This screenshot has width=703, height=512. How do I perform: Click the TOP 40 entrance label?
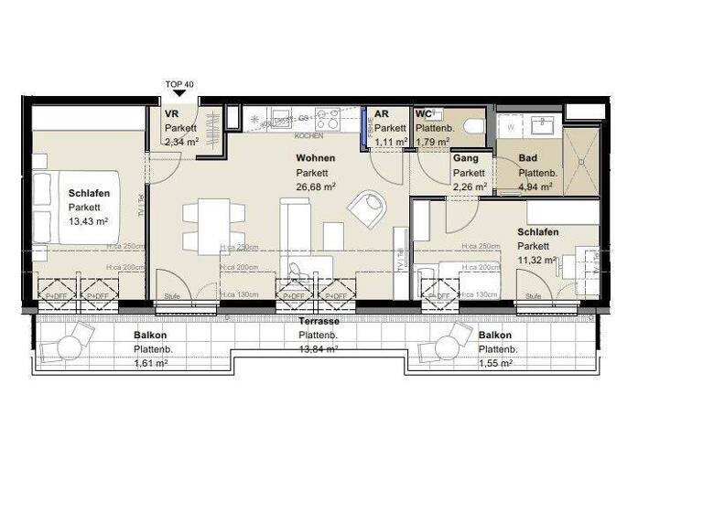coord(179,84)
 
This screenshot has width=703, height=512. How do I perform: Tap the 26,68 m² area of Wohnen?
coord(315,186)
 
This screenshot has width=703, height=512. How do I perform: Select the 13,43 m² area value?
coord(89,221)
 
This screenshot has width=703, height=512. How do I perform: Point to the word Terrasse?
coord(319,323)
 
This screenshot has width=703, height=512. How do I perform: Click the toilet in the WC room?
coord(473,127)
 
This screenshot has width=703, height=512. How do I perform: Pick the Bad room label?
coord(527,158)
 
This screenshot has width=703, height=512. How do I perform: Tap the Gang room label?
coord(466,158)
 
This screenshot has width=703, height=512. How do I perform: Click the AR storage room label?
coord(382,114)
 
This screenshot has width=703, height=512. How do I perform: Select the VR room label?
coord(171,114)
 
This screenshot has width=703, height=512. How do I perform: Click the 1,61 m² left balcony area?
coord(150,363)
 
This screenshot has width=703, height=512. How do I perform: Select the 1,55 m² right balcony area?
coord(495,363)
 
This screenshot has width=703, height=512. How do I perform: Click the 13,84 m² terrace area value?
coord(319,348)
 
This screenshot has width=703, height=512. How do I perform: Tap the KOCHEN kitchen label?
coord(308,136)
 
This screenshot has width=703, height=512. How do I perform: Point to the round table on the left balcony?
coord(70,346)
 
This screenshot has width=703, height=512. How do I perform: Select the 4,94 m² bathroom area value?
coord(535,186)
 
